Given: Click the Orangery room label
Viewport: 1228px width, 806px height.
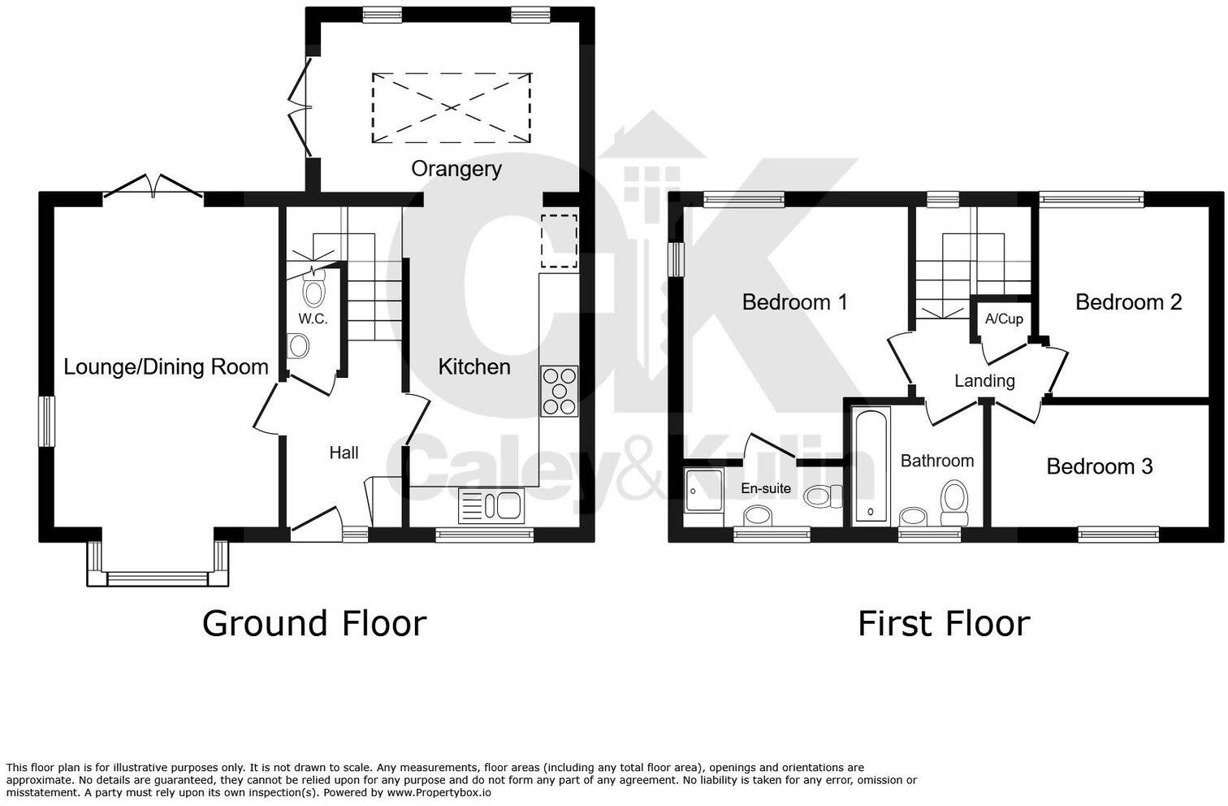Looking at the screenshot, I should point(456,169).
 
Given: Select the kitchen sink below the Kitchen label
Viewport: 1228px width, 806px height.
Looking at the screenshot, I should point(491,505).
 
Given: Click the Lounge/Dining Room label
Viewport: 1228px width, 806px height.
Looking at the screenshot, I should point(166,367).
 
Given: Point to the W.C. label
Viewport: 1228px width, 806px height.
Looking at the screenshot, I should point(313,318).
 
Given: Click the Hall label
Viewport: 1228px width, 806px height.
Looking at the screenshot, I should point(344,453).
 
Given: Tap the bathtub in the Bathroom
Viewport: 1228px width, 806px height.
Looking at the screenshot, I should point(871,466).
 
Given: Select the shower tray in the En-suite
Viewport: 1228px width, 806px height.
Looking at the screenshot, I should point(703,489).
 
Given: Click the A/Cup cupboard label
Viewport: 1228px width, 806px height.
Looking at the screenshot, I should point(1004,318).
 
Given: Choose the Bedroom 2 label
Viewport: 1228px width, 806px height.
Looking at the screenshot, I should point(1128,302).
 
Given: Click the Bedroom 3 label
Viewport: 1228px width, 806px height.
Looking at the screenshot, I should point(1099,466).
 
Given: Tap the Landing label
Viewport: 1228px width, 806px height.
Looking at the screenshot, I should point(984,380).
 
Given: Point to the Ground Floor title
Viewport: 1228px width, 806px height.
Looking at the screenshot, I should point(313,624).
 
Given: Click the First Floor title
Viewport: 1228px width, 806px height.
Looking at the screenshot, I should point(944,624).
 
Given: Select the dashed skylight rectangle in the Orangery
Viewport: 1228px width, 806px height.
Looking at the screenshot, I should point(452,108).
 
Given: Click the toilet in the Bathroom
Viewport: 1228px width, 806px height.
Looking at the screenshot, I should point(954,503).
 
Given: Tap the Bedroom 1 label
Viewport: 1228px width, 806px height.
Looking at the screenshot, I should point(794,302).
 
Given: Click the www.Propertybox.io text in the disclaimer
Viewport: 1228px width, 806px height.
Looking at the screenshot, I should point(439,792).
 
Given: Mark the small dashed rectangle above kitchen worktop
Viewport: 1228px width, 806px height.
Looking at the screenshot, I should point(559,240).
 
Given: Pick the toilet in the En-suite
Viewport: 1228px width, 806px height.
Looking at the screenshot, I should point(822,495).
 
